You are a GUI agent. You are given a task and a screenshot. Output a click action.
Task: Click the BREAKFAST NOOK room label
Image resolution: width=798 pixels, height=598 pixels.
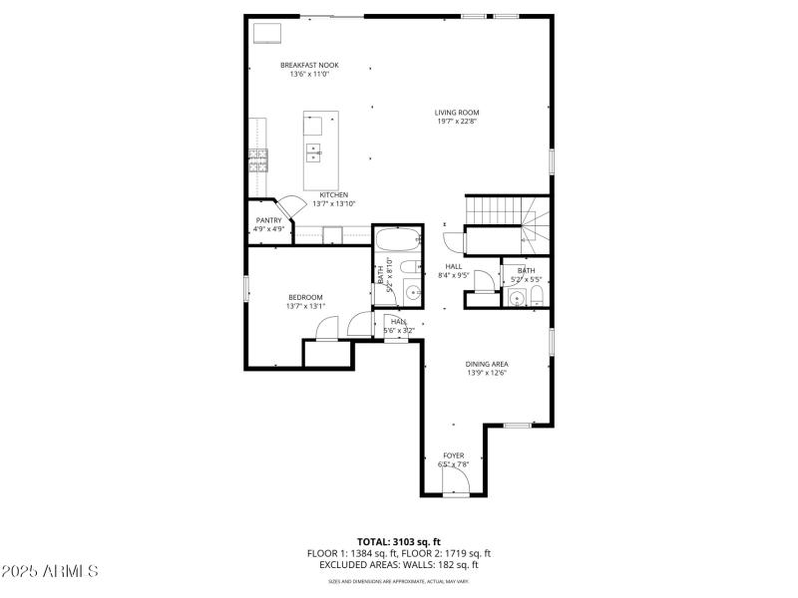tap(308, 65)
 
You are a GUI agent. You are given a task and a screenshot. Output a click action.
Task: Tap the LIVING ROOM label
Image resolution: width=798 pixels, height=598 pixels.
tap(457, 113)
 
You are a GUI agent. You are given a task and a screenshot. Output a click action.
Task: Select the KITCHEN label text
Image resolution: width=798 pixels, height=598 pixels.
tap(333, 194)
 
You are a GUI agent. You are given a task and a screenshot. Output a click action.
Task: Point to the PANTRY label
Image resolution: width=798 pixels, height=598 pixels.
tap(268, 219)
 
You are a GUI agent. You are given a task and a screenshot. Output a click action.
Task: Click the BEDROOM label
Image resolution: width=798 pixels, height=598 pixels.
tap(305, 297)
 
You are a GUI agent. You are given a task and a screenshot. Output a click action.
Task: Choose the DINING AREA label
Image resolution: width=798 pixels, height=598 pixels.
tap(487, 364)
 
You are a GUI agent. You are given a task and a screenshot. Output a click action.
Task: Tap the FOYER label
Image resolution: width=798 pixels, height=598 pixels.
tap(454, 455)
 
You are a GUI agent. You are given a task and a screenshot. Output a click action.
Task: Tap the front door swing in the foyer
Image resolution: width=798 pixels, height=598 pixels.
tap(455, 483)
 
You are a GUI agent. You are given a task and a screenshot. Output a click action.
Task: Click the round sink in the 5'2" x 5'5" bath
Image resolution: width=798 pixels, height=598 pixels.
tap(516, 298)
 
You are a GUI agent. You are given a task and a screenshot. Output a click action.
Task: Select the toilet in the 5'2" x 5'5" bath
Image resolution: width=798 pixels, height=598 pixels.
tap(536, 297)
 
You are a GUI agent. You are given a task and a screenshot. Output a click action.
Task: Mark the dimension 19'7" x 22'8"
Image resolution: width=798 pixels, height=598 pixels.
tap(457, 123)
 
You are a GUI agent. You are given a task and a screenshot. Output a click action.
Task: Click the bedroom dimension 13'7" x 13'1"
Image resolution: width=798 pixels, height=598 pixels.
tap(305, 307)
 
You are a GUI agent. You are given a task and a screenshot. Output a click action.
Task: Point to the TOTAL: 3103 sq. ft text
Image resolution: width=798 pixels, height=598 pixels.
tap(398, 542)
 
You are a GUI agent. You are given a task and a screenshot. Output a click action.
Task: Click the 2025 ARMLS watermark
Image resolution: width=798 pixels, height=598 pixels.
tap(50, 571)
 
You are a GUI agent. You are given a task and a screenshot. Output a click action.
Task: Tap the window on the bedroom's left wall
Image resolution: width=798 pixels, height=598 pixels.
tap(246, 287)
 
